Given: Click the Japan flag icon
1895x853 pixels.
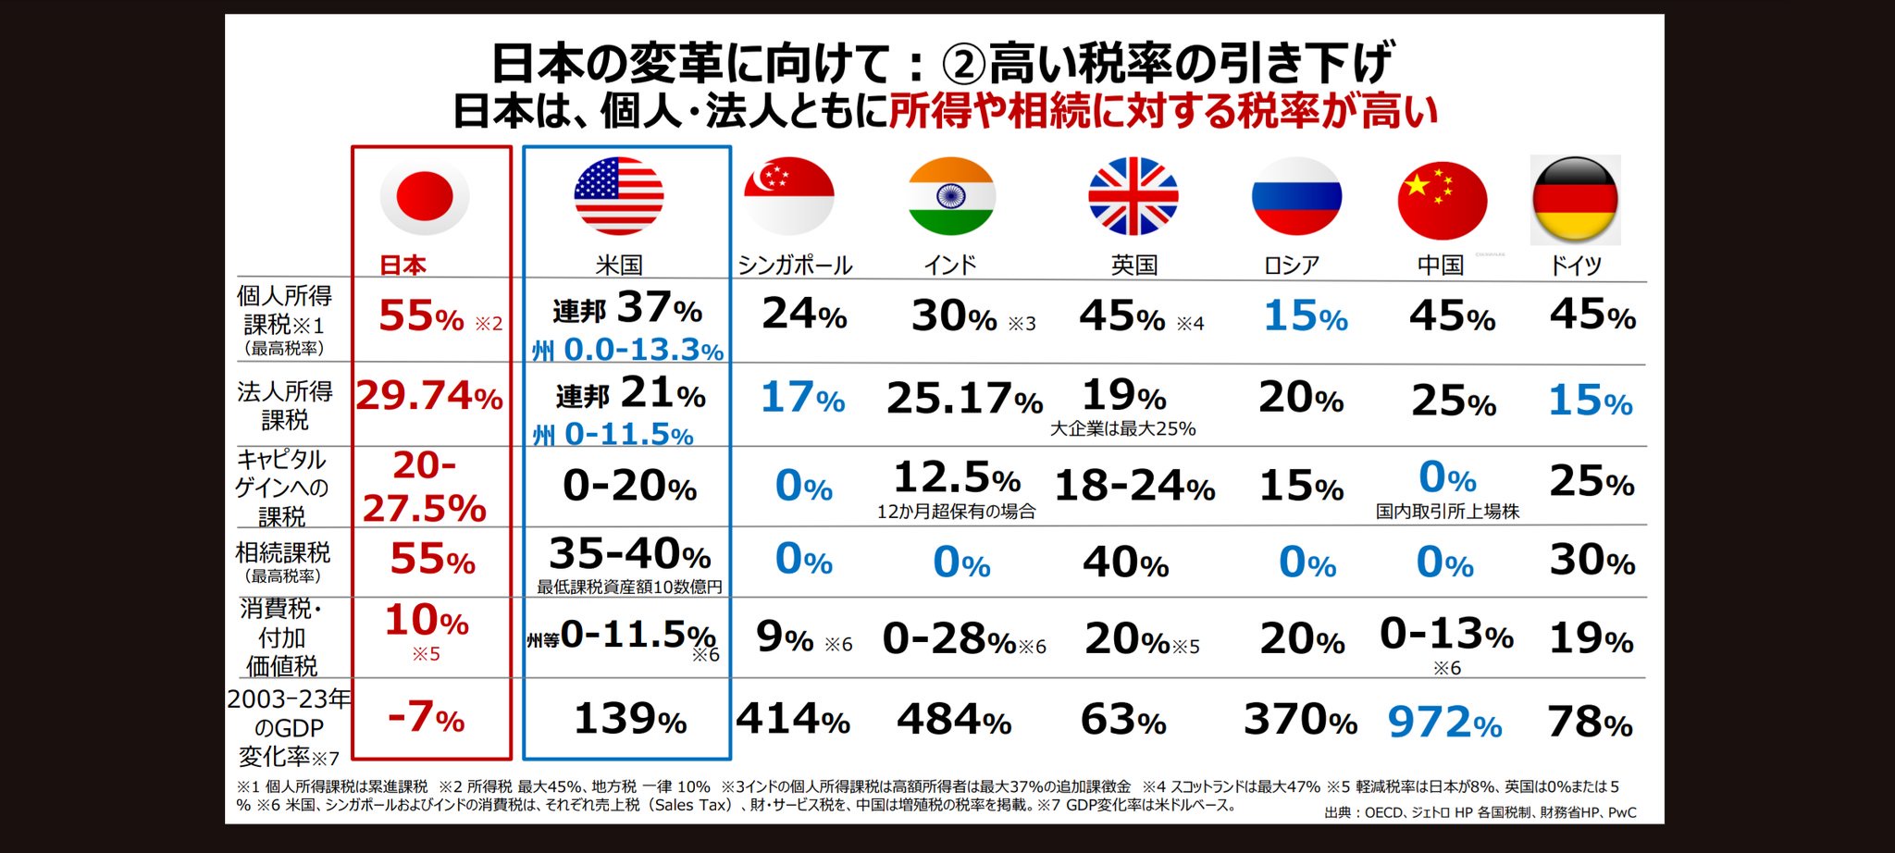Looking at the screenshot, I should point(425,196).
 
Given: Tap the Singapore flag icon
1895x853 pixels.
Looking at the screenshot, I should point(788,196).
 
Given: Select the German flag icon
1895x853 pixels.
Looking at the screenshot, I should point(1575,199).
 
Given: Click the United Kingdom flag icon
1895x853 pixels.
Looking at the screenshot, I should point(1133,196).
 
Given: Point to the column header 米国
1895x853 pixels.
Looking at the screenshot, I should point(619,266).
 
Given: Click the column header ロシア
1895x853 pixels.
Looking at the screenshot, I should point(1292,266).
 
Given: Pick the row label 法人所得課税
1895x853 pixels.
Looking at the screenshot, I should point(284,405).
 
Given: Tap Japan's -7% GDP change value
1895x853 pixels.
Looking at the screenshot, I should point(426,717).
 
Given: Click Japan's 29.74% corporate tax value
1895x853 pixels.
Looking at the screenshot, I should point(429,397).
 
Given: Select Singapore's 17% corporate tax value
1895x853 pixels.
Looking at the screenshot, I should point(802,398).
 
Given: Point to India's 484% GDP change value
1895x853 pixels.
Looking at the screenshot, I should point(954,720).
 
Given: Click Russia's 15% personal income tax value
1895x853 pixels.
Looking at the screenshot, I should point(1306,316).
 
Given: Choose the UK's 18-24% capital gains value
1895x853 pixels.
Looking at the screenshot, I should point(1134,486).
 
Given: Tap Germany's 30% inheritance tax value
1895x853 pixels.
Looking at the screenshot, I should point(1592,560).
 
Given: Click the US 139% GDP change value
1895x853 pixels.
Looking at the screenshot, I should point(630,719).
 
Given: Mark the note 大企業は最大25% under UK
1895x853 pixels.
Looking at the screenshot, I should point(1122,429).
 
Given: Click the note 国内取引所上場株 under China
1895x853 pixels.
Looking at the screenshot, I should point(1447,512).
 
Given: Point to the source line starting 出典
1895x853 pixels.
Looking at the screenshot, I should point(1480,812).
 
